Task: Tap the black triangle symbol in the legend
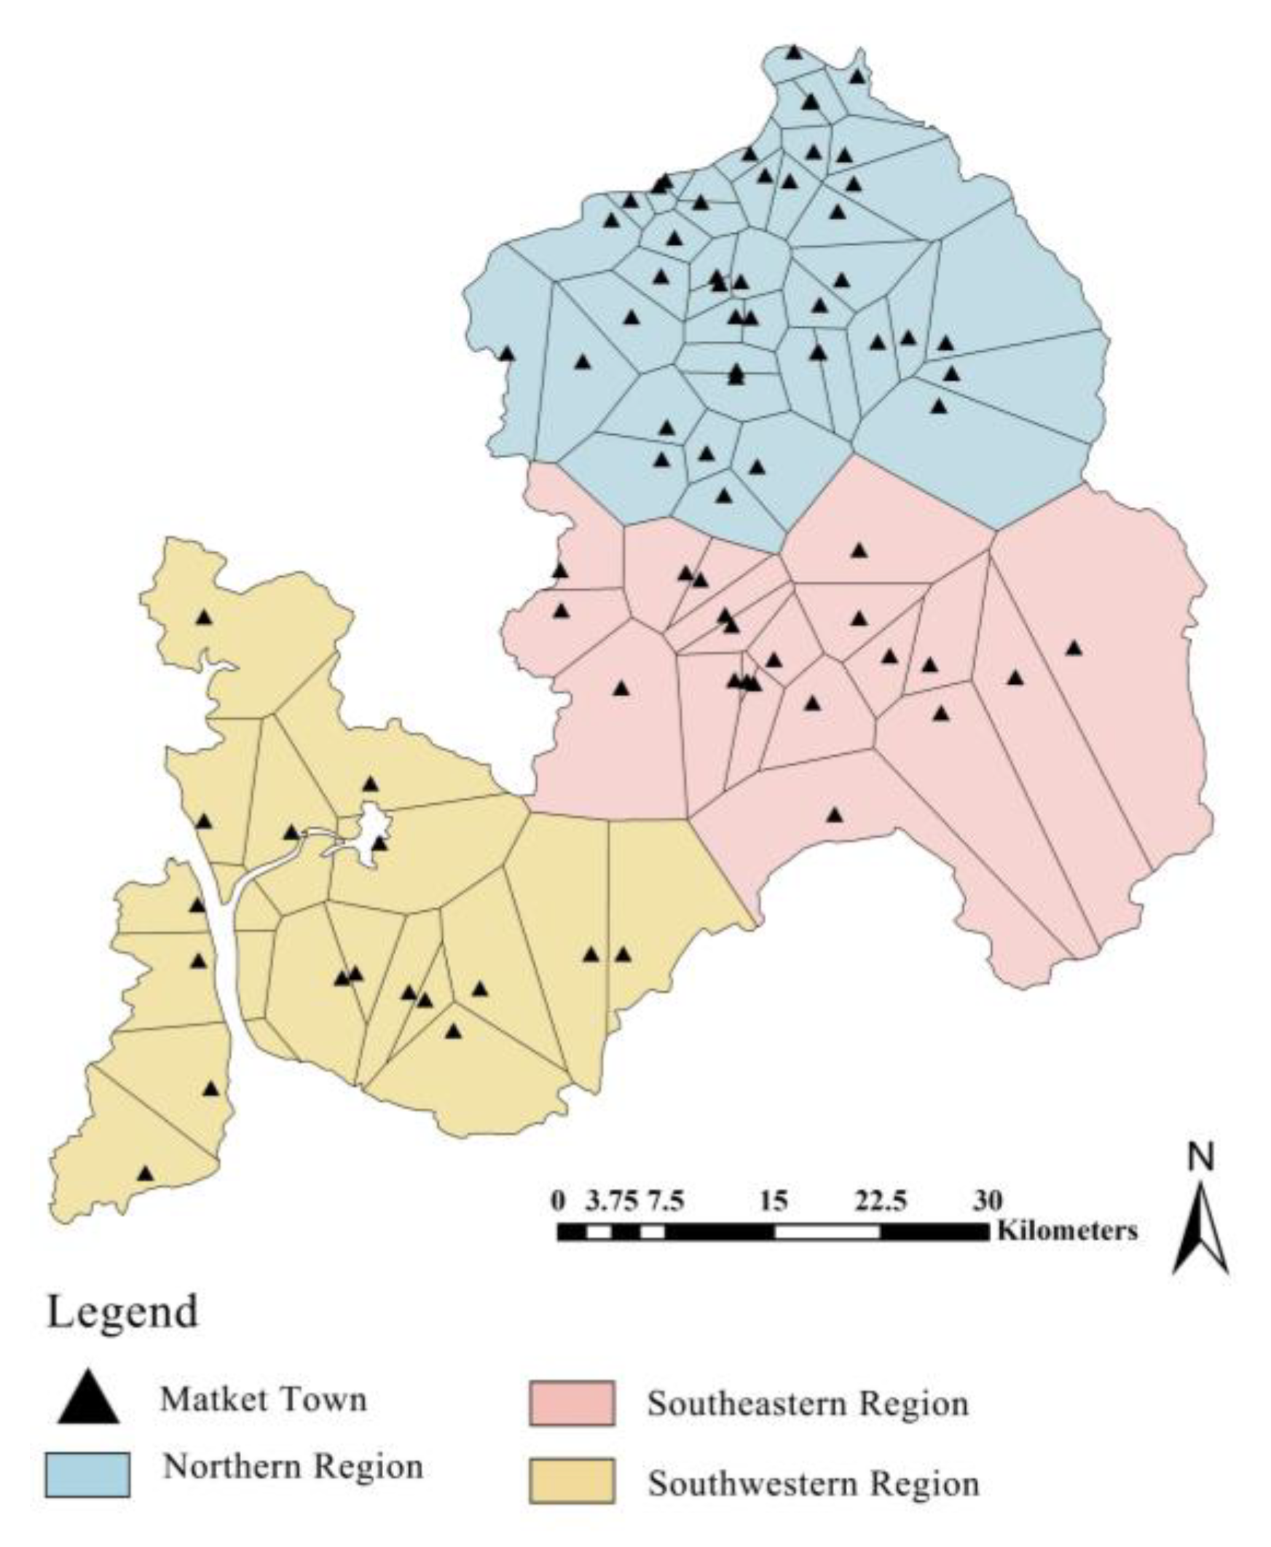(89, 1398)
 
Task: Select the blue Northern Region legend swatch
(87, 1474)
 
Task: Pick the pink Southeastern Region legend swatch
(572, 1404)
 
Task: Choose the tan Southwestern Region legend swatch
(572, 1482)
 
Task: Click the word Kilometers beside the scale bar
(1068, 1231)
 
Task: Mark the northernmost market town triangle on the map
(795, 52)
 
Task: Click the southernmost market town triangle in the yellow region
(146, 1173)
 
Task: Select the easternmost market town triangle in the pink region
(1074, 648)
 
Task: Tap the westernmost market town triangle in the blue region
(508, 354)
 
